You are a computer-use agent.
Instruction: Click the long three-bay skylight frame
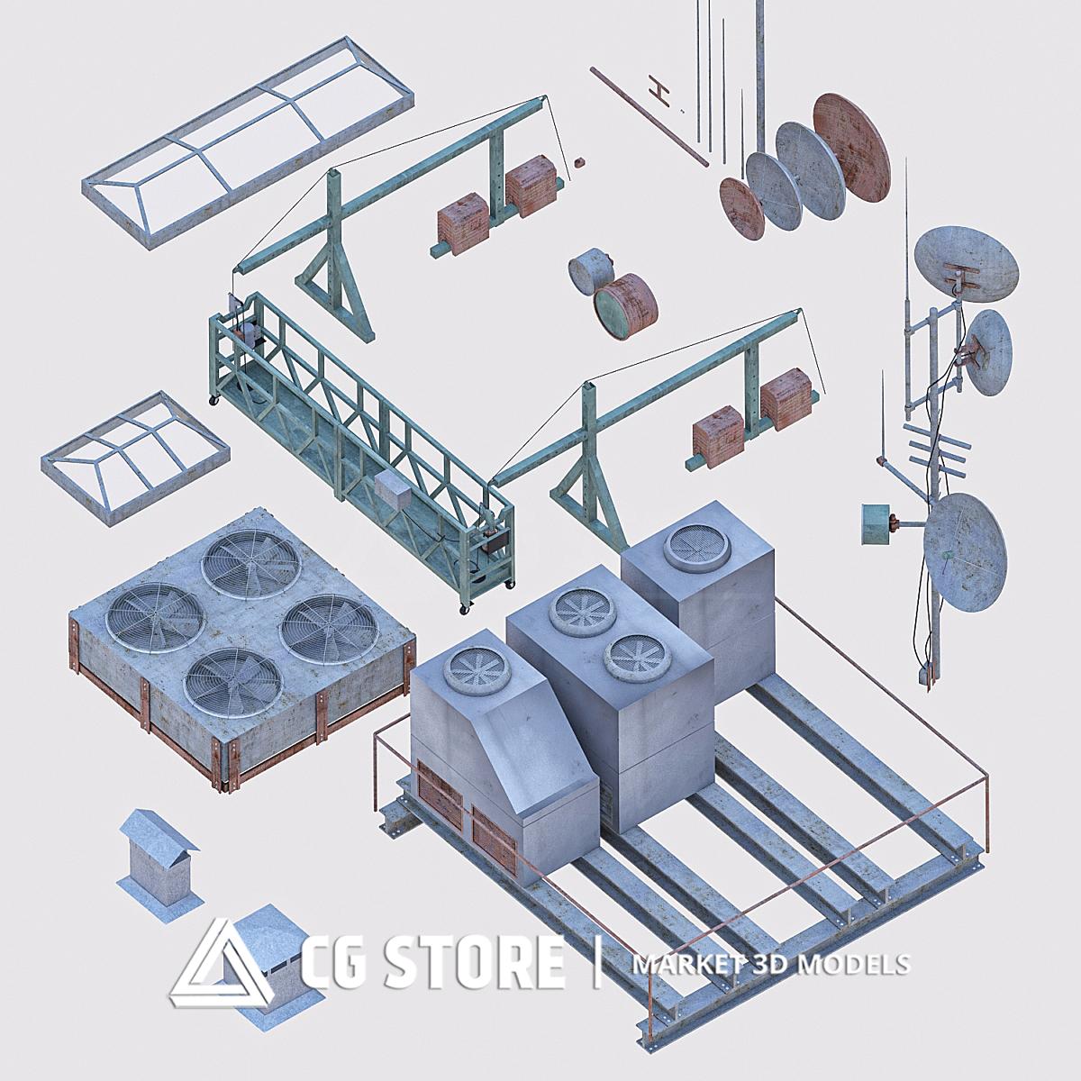[x=249, y=142]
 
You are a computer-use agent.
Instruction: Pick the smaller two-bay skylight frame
[x=134, y=458]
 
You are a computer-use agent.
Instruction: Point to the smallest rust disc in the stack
[x=741, y=208]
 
